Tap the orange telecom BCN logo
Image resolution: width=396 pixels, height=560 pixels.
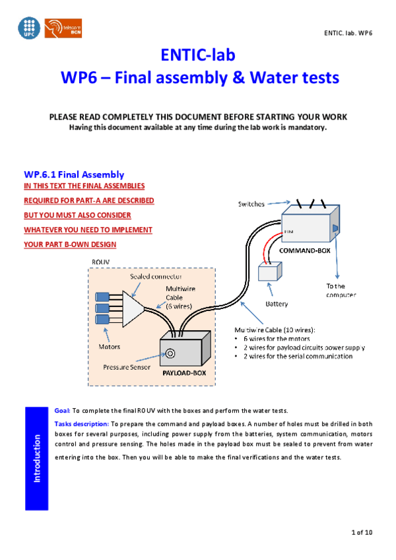(63, 28)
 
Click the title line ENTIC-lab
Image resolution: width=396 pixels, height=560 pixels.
(198, 55)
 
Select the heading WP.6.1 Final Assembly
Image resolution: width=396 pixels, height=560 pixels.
(74, 175)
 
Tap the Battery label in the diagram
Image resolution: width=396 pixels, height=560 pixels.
(276, 304)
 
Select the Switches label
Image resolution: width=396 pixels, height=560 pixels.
(251, 204)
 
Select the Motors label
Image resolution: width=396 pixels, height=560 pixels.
(110, 345)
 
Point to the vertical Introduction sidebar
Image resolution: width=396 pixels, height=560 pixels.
(37, 458)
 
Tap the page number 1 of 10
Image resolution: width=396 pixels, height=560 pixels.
(361, 532)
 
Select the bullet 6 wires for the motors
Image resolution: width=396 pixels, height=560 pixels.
(280, 338)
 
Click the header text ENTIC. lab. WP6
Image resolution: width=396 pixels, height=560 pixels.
(348, 32)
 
